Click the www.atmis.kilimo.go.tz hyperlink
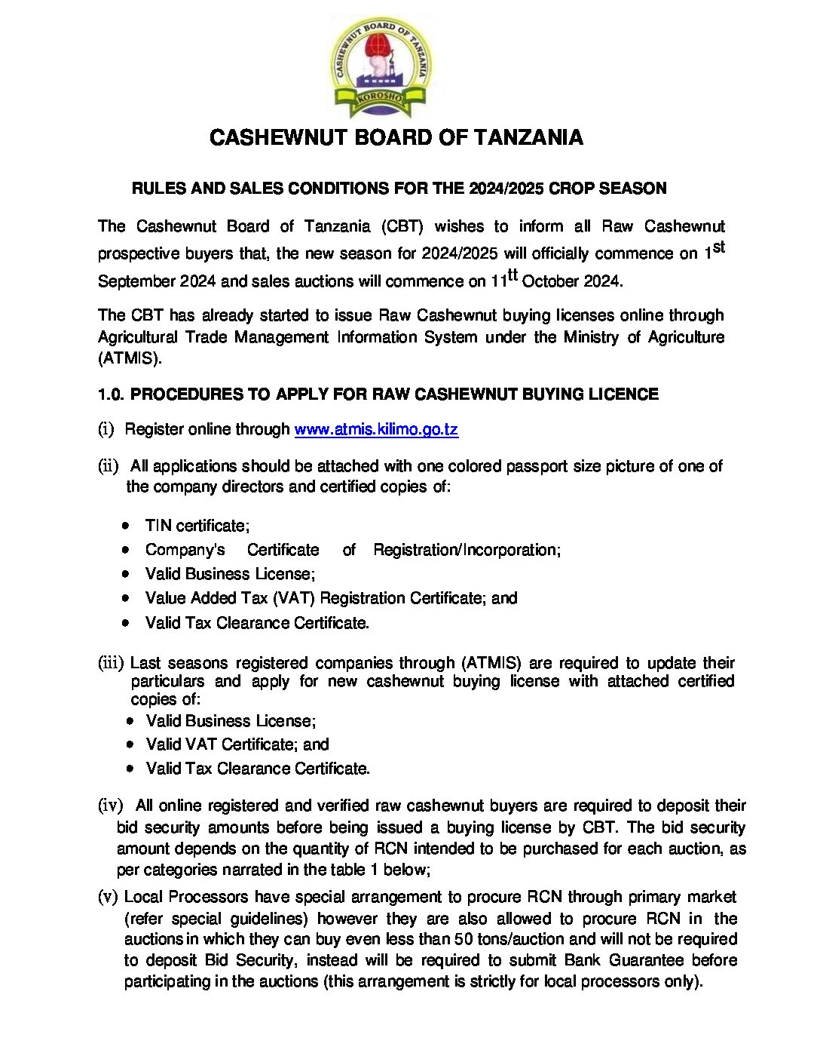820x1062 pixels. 376,429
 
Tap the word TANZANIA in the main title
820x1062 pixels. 528,137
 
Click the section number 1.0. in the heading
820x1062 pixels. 112,394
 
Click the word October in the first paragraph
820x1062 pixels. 549,281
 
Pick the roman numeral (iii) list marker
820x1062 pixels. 111,663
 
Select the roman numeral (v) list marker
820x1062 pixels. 108,897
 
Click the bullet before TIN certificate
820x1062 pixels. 126,526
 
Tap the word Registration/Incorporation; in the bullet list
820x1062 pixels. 467,550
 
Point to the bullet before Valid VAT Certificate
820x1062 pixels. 130,744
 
